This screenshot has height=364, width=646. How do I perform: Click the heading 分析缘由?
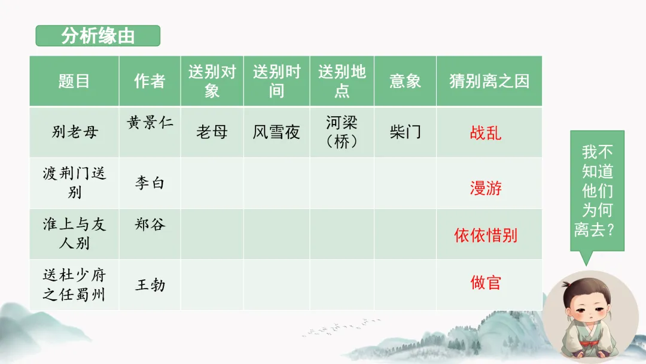point(97,36)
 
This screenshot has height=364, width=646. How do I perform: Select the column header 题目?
point(74,81)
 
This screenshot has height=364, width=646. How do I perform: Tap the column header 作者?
point(150,81)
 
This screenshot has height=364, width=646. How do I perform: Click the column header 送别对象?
point(212,81)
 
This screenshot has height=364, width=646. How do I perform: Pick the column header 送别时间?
point(276,81)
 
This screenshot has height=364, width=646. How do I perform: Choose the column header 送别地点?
point(342,81)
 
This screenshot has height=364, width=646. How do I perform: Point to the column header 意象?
point(405,81)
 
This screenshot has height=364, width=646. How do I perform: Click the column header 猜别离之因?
point(489,81)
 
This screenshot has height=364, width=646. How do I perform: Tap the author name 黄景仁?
point(150,123)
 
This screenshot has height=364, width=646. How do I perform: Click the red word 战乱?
point(486,132)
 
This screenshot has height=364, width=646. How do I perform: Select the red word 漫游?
point(486,189)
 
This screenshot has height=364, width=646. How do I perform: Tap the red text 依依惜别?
point(486,235)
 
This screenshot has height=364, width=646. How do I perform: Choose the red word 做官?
point(486,283)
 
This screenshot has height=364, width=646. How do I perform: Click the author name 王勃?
point(150,284)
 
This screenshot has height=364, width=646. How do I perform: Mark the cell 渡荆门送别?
point(74,183)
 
